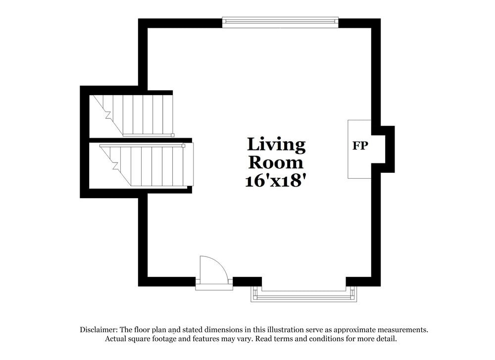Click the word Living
pos(276,145)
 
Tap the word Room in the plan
pos(276,162)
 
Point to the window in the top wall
pos(280,21)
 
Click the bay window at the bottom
pos(303,296)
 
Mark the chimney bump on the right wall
pos(388,149)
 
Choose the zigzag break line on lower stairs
pos(116,163)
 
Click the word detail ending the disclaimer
pos(385,339)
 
